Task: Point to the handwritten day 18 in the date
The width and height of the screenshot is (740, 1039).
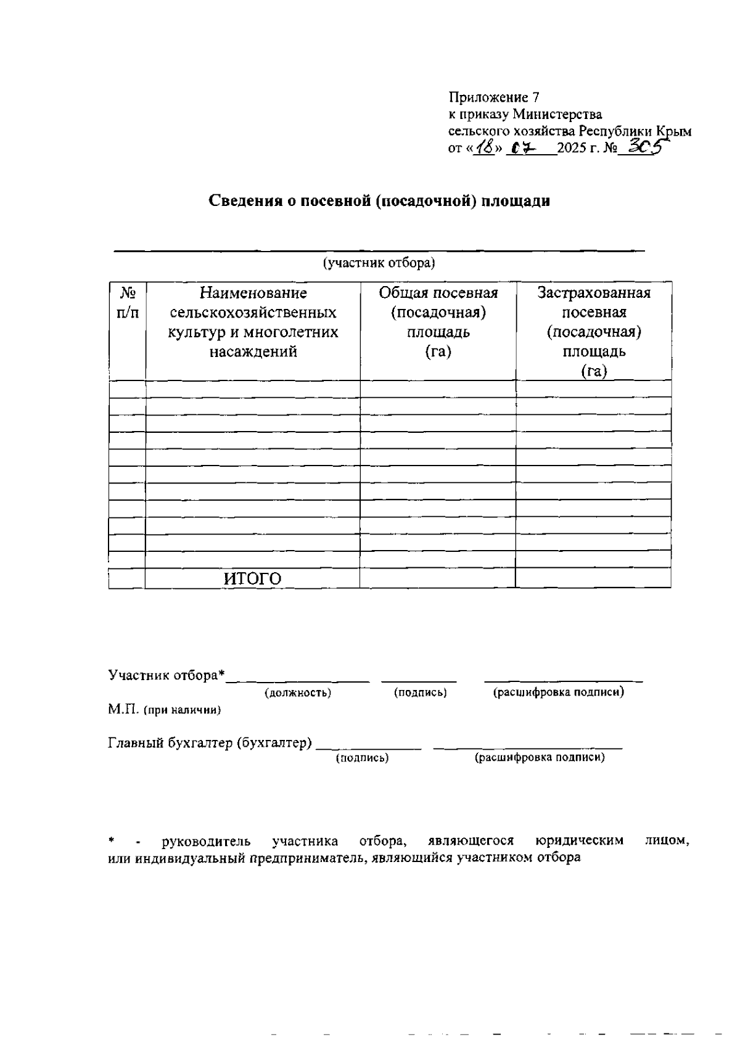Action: (485, 148)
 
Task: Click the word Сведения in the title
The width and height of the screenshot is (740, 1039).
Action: (244, 202)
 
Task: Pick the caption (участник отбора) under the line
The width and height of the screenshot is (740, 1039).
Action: (379, 263)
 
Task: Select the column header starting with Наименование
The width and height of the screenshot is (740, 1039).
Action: (253, 322)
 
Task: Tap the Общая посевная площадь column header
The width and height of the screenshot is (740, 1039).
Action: (438, 322)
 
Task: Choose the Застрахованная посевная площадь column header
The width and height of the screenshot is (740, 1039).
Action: (594, 331)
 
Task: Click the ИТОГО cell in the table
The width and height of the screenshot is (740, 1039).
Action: (252, 579)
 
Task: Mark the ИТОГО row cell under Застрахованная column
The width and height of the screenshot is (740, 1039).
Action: (593, 578)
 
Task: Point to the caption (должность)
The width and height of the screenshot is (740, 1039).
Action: (298, 692)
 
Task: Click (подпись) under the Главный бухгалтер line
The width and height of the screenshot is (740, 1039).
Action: (362, 758)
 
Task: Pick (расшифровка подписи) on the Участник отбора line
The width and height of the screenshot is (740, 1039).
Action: (558, 692)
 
